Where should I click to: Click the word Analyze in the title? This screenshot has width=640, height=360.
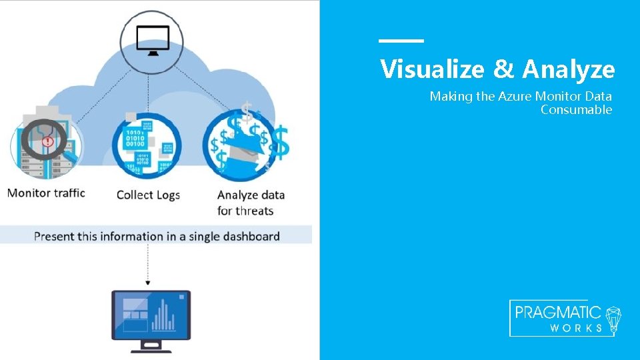[x=568, y=69]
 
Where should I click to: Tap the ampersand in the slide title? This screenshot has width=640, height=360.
[x=504, y=69]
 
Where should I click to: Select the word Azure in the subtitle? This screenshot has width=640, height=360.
[x=515, y=96]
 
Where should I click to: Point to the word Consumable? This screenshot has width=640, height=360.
[x=576, y=110]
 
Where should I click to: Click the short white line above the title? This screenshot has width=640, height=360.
[x=401, y=41]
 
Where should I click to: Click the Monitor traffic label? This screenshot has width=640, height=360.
[x=46, y=193]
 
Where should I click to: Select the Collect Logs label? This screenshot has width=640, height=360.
[x=148, y=195]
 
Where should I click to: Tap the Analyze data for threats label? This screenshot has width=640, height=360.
[x=251, y=203]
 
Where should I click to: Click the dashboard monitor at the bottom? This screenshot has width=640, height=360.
[x=151, y=318]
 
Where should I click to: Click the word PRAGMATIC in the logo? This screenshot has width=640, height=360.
[x=558, y=313]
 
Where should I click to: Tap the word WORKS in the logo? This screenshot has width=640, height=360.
[x=576, y=328]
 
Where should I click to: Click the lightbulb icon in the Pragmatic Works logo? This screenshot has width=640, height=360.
[x=613, y=319]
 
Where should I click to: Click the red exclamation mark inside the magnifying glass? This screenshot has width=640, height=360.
[x=47, y=141]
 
